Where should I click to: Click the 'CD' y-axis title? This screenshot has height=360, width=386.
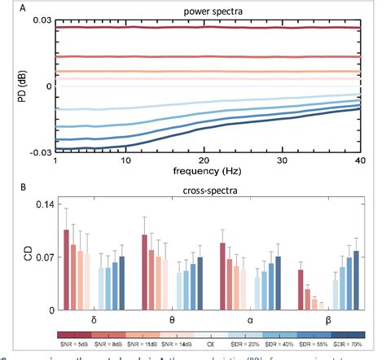click(14, 260)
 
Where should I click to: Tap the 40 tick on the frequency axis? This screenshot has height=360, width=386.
click(358, 160)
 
